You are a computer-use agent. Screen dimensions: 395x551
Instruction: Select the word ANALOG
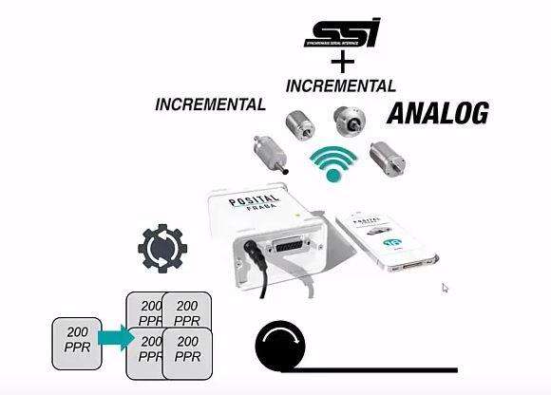tap(436, 115)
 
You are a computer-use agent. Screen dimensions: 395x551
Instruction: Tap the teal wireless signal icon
tap(332, 164)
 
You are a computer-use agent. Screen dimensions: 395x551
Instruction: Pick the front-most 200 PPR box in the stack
tap(187, 352)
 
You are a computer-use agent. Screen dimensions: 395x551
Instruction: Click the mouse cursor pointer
tap(445, 288)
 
